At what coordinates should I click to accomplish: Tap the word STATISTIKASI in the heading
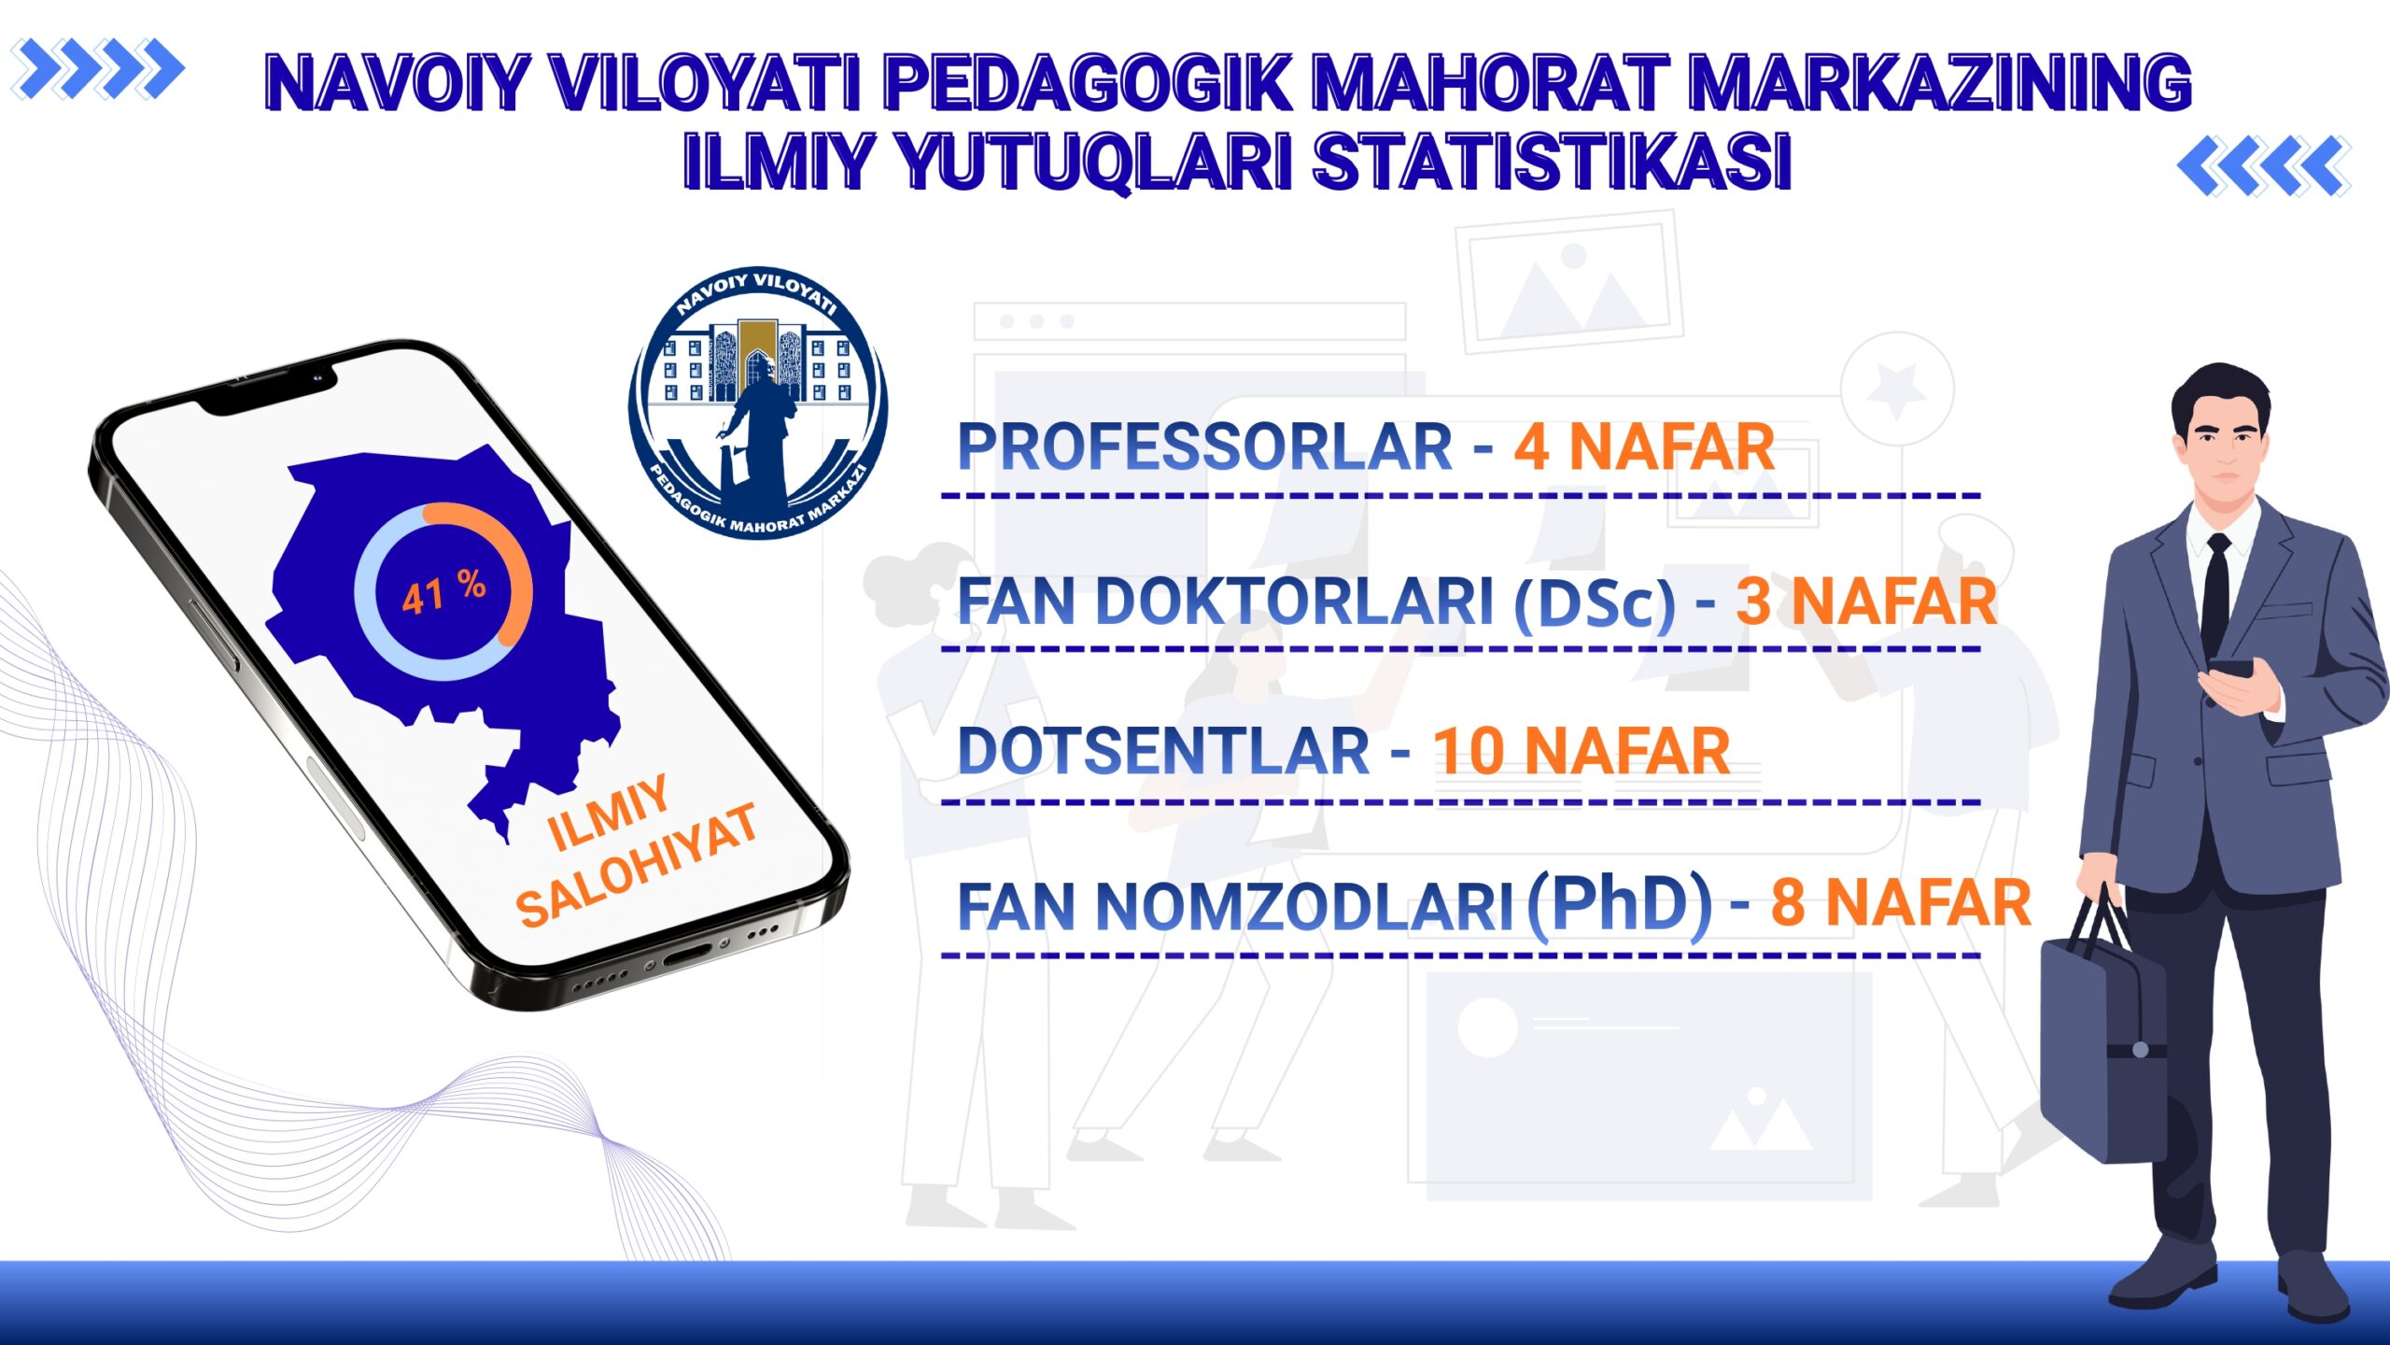click(x=1553, y=162)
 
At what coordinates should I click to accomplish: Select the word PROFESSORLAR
click(x=1204, y=446)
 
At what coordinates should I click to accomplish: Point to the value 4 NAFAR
click(x=1644, y=446)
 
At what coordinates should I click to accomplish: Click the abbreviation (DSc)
click(x=1595, y=602)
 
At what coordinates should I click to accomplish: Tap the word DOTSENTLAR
click(x=1163, y=751)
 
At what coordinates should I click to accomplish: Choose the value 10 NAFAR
click(x=1582, y=751)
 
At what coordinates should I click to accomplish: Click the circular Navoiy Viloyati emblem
click(x=758, y=403)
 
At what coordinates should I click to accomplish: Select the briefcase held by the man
click(x=2103, y=1027)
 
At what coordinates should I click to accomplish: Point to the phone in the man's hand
click(x=2230, y=669)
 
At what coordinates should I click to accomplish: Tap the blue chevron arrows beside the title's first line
click(x=98, y=69)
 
